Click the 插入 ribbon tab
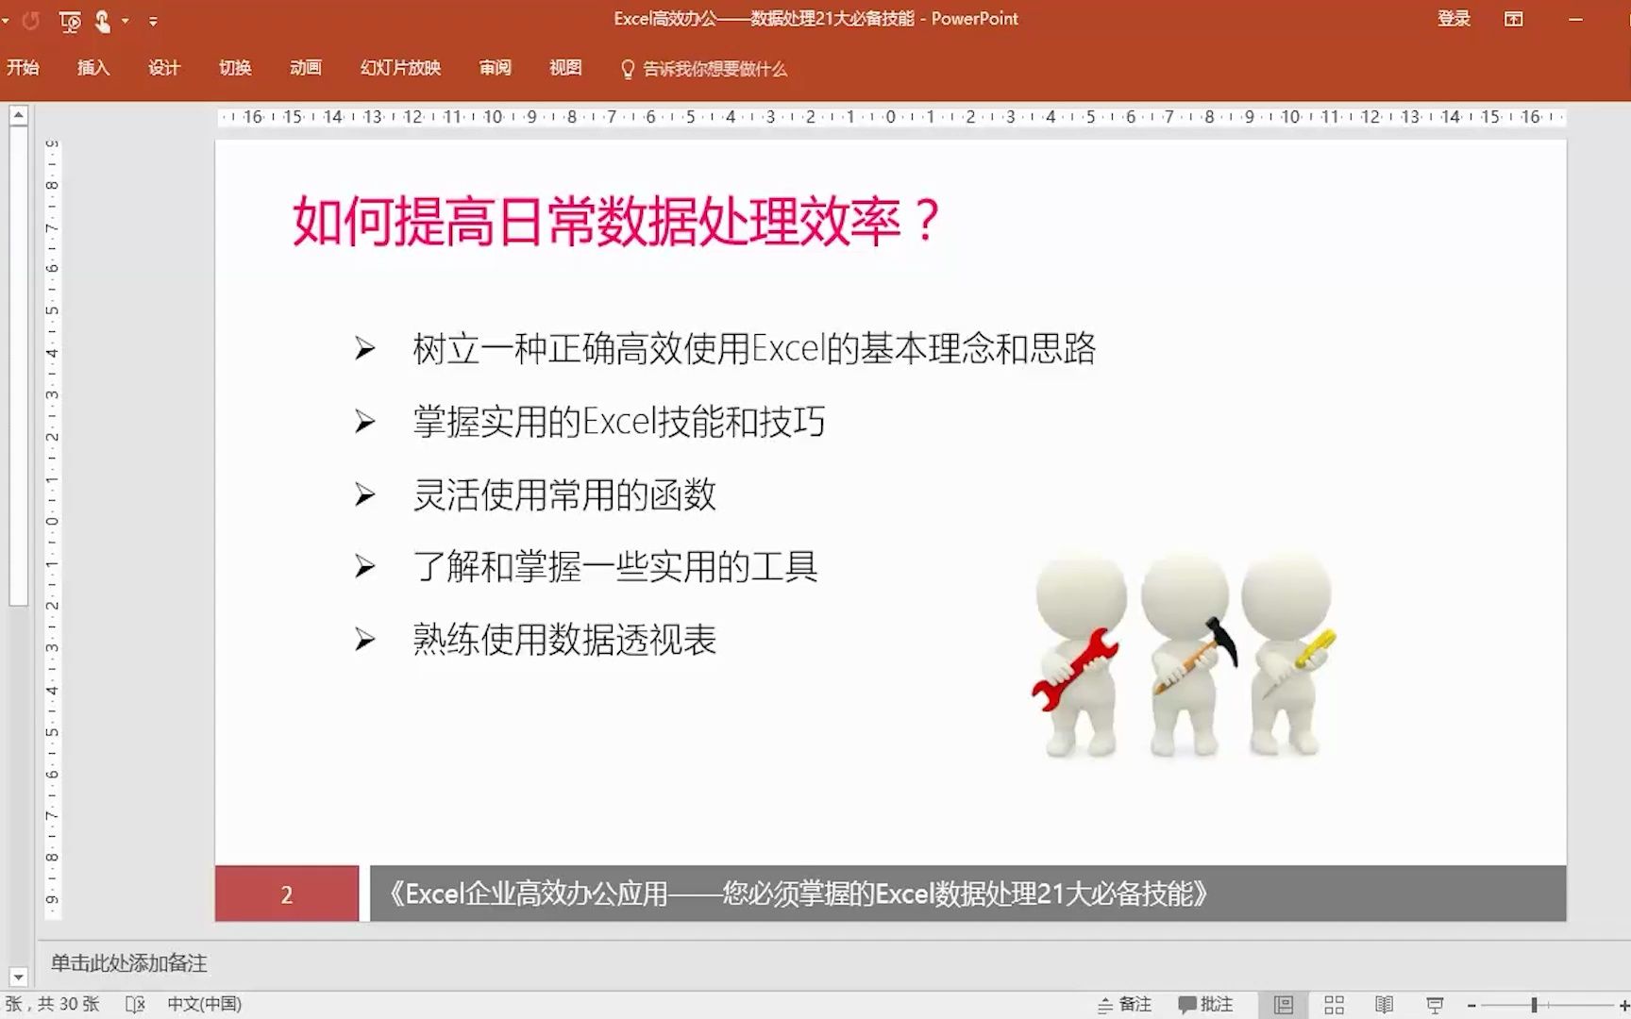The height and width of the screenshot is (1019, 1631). pos(93,68)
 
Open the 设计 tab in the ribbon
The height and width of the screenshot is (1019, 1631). pos(164,68)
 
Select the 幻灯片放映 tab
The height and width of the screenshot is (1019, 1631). pos(400,68)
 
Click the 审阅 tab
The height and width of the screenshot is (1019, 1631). pos(495,68)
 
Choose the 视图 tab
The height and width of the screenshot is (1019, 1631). pos(565,68)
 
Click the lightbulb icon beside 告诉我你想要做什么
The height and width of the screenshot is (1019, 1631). pos(628,69)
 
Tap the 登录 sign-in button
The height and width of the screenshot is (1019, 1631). pos(1454,19)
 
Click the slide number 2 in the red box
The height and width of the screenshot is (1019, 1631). pos(287,894)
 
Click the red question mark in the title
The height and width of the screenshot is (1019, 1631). pos(927,221)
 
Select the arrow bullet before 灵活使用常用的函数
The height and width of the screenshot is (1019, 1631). pos(364,494)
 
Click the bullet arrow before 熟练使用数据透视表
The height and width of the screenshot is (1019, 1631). pos(364,641)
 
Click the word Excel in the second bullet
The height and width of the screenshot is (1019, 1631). pos(619,422)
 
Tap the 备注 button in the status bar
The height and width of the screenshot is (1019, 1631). pos(1125,1005)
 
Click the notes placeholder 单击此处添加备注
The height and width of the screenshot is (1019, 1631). pos(129,963)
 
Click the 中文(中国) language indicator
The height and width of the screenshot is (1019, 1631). pos(204,1005)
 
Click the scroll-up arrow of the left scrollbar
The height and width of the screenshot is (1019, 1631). pos(18,115)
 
